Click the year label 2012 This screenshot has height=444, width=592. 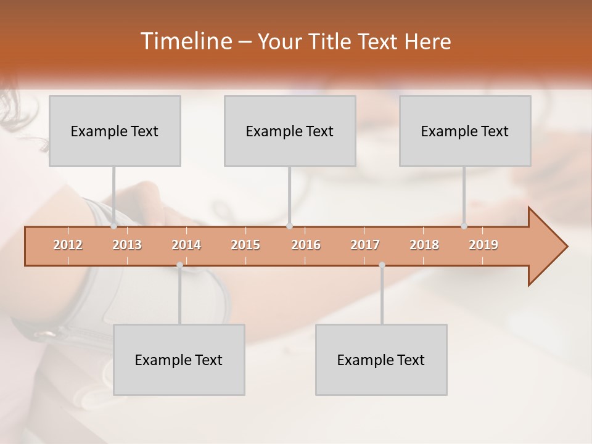68,245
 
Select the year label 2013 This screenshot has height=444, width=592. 127,245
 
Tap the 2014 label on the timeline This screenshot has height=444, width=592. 186,245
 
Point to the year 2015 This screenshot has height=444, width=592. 245,245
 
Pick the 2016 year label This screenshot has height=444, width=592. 306,245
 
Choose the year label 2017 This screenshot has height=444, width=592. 365,245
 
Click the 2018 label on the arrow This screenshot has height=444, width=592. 424,245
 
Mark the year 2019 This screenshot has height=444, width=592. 483,245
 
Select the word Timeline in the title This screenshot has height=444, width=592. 186,41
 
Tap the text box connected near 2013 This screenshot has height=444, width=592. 115,131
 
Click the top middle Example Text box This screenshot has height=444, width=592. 290,131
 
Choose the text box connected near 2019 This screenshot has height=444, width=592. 465,131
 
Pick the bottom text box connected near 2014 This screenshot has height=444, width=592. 179,360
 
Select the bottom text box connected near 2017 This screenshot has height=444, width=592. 381,360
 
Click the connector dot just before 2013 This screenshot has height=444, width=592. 114,226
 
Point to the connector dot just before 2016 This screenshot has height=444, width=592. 289,226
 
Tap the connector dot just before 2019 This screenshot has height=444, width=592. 464,226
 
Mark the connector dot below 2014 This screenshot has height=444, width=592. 179,265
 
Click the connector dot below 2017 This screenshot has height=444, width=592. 382,265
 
